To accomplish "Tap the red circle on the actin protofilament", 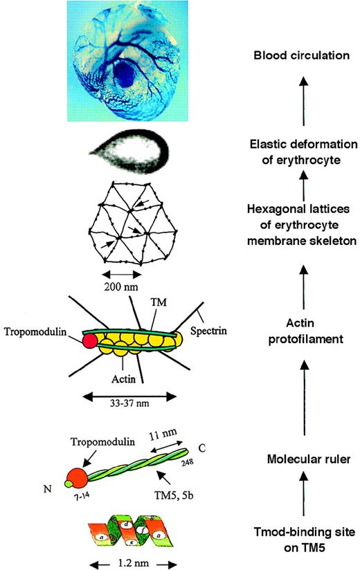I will pos(89,342).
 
